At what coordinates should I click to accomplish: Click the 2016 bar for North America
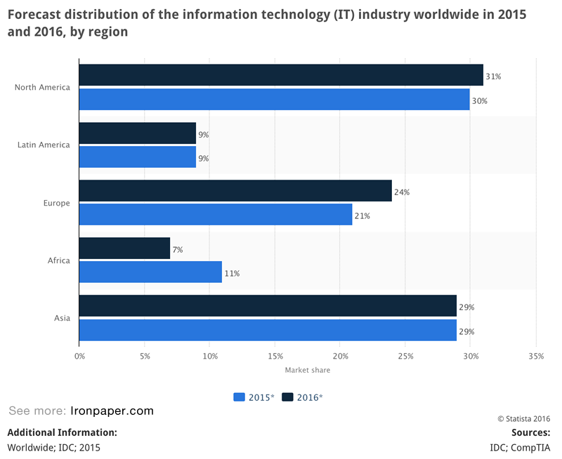point(281,75)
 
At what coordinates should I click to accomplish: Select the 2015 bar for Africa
point(150,272)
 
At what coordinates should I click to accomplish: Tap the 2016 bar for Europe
point(235,191)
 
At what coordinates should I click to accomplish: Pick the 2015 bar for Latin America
point(138,157)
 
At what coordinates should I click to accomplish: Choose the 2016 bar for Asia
point(268,306)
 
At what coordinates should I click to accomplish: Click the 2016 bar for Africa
point(124,248)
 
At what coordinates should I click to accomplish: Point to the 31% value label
point(493,76)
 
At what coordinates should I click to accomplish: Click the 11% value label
point(232,274)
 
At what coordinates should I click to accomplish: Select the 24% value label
point(402,192)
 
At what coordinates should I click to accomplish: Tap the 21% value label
point(362,216)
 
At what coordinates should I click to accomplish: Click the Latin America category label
point(44,145)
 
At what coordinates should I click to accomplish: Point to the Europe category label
point(57,204)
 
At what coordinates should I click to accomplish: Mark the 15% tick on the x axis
point(275,357)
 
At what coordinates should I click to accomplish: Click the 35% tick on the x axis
point(535,357)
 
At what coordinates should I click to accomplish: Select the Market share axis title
point(307,370)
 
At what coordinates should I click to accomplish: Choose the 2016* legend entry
point(303,397)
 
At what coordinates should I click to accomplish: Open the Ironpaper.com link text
point(112,411)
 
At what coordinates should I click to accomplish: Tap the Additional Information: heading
point(62,432)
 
